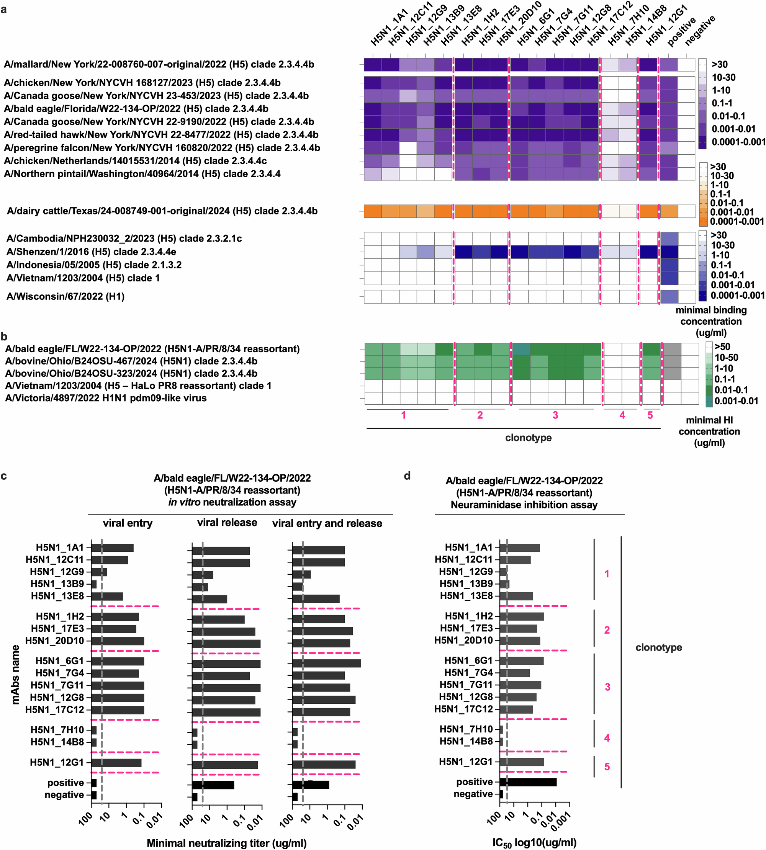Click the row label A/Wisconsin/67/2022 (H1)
click(x=65, y=297)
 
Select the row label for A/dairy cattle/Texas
click(x=162, y=211)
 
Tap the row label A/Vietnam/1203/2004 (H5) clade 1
click(x=83, y=278)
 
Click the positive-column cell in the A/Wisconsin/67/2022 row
click(x=669, y=297)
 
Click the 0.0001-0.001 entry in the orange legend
click(x=737, y=221)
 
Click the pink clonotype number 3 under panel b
click(x=555, y=415)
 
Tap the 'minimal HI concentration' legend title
click(x=709, y=431)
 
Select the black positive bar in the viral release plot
click(x=213, y=785)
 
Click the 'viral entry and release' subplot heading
click(x=327, y=523)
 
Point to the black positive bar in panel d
click(x=528, y=782)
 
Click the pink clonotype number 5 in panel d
click(x=607, y=767)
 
